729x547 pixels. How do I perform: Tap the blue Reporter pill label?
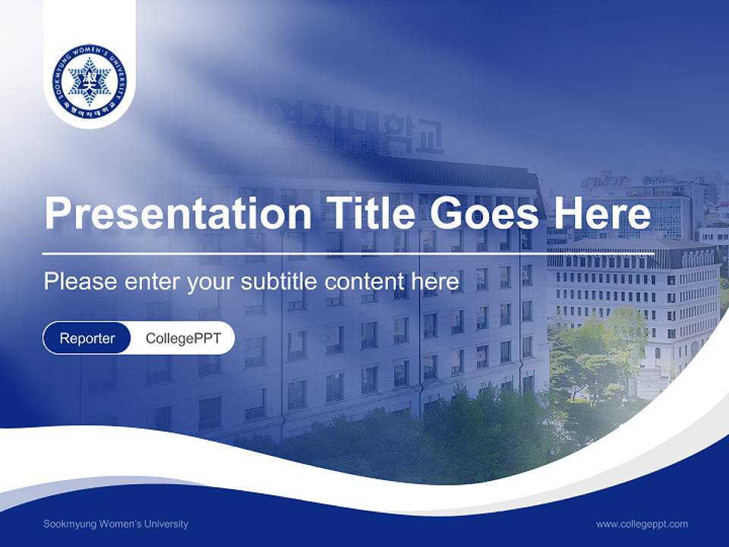click(87, 338)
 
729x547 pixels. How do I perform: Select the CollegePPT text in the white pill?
click(183, 338)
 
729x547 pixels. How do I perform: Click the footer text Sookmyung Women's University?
click(116, 524)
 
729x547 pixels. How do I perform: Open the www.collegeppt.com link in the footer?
click(642, 524)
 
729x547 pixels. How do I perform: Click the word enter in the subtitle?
click(152, 282)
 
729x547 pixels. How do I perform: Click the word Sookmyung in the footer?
click(68, 524)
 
